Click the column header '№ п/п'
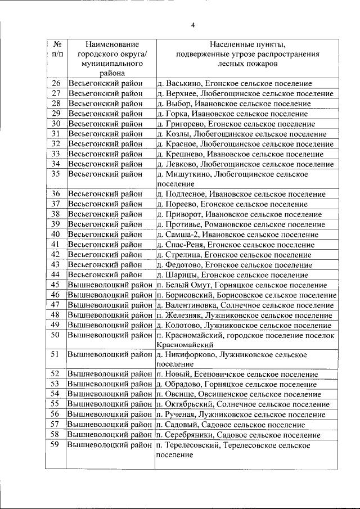pos(56,49)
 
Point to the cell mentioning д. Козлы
pos(242,134)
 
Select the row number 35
pos(56,174)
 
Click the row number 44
pos(56,275)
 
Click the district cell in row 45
pos(110,285)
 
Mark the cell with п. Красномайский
pos(246,340)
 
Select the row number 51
pos(56,354)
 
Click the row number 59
pos(56,445)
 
